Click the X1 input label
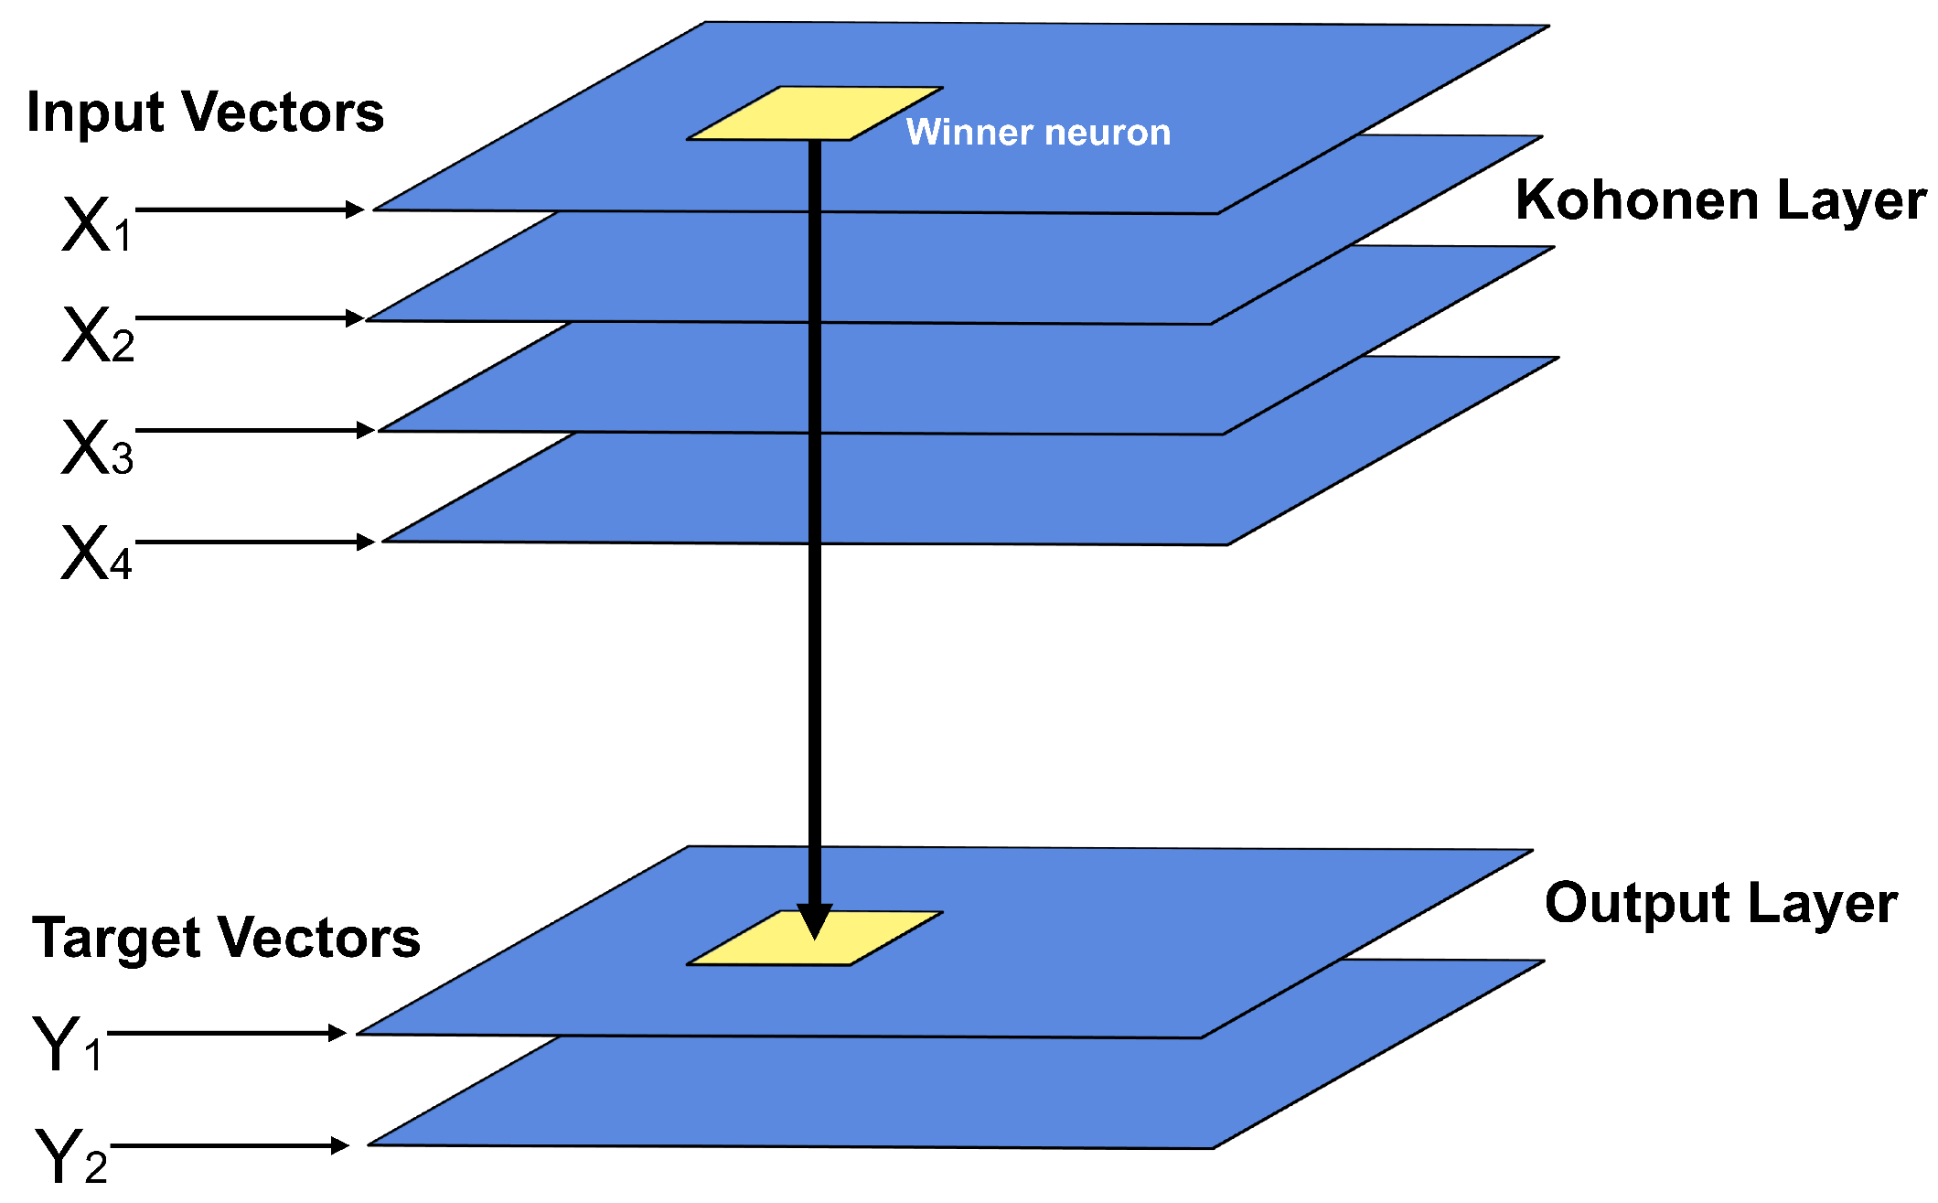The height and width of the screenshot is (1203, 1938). point(97,225)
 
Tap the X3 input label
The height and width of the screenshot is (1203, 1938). point(97,447)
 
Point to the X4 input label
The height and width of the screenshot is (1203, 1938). point(96,553)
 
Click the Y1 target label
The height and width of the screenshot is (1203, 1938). point(67,1044)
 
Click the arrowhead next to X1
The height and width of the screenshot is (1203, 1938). point(355,209)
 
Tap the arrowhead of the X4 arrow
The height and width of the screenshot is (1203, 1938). point(365,542)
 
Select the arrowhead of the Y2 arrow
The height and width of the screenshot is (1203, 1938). point(339,1145)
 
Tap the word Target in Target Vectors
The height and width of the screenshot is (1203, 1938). point(115,939)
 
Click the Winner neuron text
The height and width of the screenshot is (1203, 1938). point(1038,133)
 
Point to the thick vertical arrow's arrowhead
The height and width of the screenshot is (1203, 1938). point(814,920)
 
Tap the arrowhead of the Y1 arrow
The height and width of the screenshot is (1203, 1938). point(337,1033)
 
